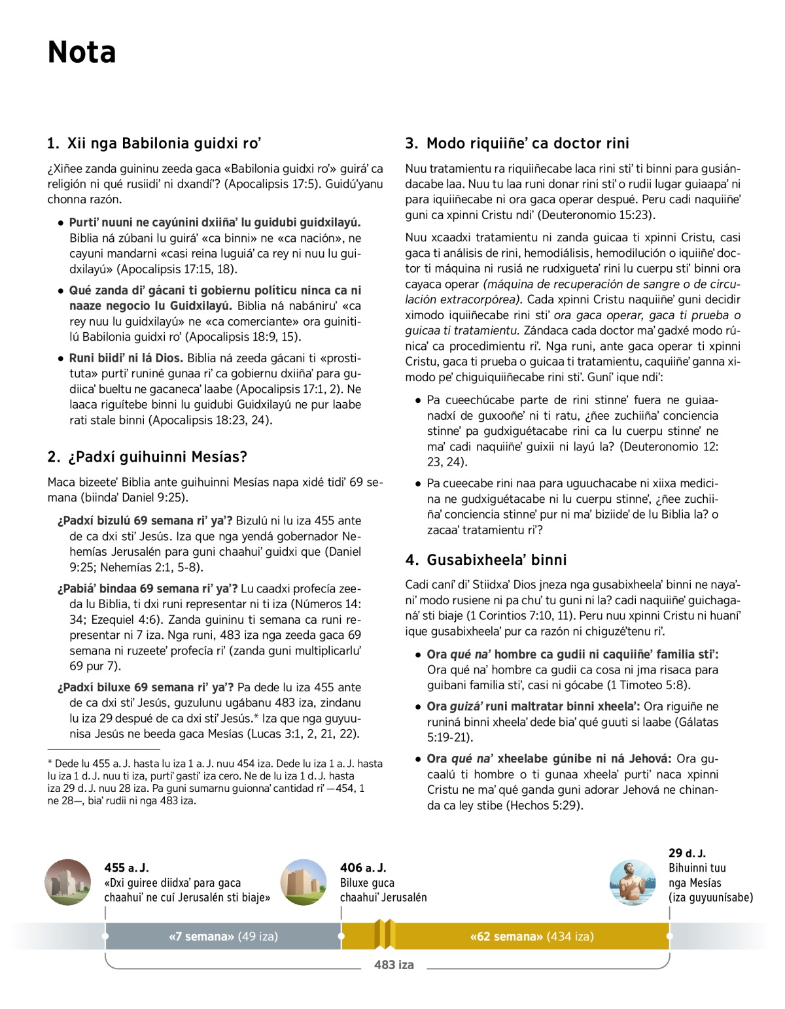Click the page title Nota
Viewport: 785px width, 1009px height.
click(x=82, y=52)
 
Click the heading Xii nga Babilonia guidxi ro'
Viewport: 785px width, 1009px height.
click(x=154, y=143)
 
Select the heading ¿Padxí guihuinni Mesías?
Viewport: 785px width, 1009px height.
click(x=147, y=456)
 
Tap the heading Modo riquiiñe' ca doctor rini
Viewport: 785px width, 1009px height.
click(x=517, y=143)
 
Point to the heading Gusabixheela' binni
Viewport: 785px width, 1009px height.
click(x=486, y=560)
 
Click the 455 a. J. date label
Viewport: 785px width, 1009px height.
click(x=126, y=868)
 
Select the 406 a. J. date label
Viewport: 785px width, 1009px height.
click(x=363, y=868)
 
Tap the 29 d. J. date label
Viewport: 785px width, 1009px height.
click(x=687, y=853)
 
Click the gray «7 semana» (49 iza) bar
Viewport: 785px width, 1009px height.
click(x=223, y=936)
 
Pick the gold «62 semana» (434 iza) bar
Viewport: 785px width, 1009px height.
click(x=531, y=936)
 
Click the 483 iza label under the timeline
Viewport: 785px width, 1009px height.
click(x=394, y=965)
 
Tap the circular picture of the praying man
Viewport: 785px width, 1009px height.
click(x=632, y=882)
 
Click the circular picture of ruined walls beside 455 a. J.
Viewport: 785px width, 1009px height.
click(x=68, y=882)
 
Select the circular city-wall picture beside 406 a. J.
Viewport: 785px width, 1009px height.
click(x=304, y=882)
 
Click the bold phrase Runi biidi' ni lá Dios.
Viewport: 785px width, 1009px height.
click(x=127, y=358)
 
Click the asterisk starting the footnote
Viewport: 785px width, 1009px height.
click(x=50, y=763)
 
